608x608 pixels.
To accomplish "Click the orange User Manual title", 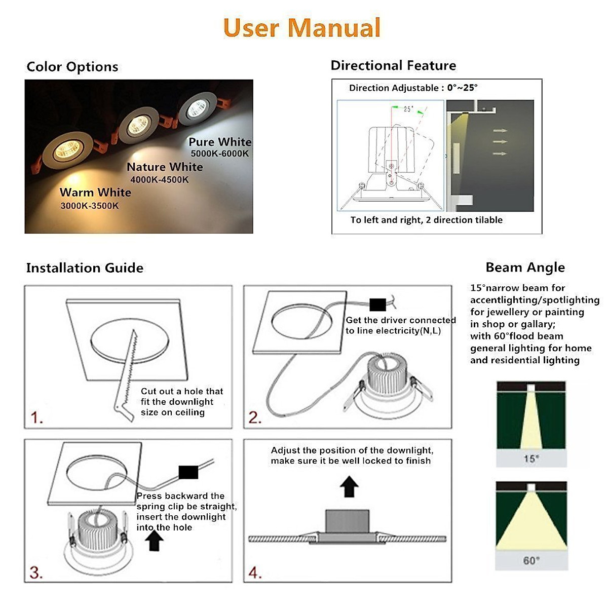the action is (301, 28).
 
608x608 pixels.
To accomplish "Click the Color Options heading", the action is (72, 67).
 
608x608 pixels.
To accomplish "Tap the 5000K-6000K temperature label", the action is (219, 154).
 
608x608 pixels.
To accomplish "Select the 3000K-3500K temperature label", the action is (90, 206).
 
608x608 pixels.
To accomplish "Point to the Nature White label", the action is (165, 167).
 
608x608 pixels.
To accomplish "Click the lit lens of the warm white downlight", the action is (67, 150).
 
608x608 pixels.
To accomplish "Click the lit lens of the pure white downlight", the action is (197, 108).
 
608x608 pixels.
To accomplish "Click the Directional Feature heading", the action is (393, 66).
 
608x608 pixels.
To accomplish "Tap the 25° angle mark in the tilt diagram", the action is (408, 109).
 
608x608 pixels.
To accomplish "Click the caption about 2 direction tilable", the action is (426, 220).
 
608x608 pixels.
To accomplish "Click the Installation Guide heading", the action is (85, 268).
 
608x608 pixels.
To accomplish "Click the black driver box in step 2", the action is (377, 305).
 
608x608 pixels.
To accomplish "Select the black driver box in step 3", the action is (188, 472).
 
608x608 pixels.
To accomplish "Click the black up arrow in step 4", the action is (349, 486).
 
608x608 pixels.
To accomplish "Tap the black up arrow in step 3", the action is (154, 540).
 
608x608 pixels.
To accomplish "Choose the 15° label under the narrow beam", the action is (531, 459).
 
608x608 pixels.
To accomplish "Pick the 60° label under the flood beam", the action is (531, 561).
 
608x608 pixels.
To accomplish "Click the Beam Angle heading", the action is (525, 268).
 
